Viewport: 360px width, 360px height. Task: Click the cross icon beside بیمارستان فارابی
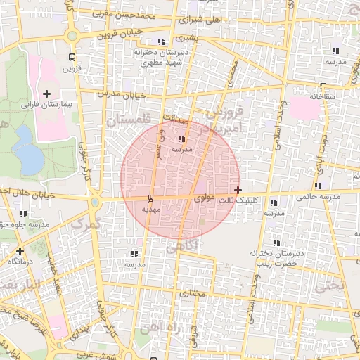(46, 94)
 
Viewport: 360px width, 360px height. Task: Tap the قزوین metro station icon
(72, 57)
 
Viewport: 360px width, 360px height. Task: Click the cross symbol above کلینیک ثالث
(238, 190)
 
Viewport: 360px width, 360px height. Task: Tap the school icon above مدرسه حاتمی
(319, 186)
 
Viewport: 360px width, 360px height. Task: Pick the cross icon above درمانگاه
(20, 250)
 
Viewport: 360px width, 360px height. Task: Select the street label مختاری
(191, 292)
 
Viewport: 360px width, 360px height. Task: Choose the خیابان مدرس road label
(123, 94)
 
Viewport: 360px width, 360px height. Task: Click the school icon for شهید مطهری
(162, 41)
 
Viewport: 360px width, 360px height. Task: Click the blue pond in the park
(28, 149)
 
